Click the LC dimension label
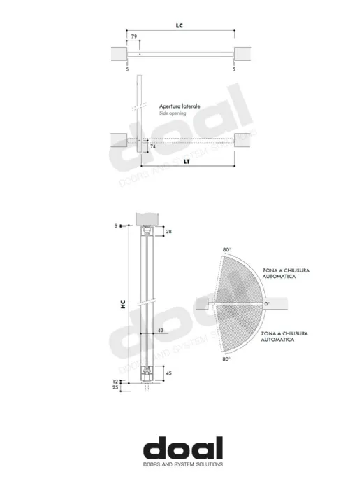pos(180,25)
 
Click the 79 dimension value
pos(134,36)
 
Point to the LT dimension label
pos(187,162)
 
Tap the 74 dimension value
pos(153,146)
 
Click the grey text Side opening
pos(173,113)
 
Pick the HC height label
pos(123,305)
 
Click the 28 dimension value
pos(168,231)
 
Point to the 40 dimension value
pos(161,331)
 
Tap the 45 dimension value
pos(168,373)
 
